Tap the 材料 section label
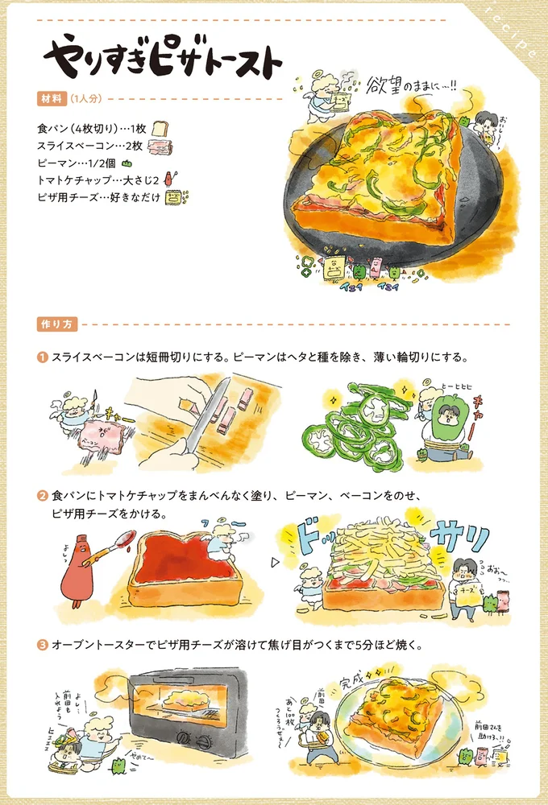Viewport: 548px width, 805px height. pyautogui.click(x=51, y=99)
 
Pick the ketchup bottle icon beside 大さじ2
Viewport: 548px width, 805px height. pyautogui.click(x=168, y=178)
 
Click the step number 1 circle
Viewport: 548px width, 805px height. pyautogui.click(x=42, y=357)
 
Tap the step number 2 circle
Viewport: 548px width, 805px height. pyautogui.click(x=42, y=493)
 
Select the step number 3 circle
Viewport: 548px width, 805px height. pyautogui.click(x=42, y=646)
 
